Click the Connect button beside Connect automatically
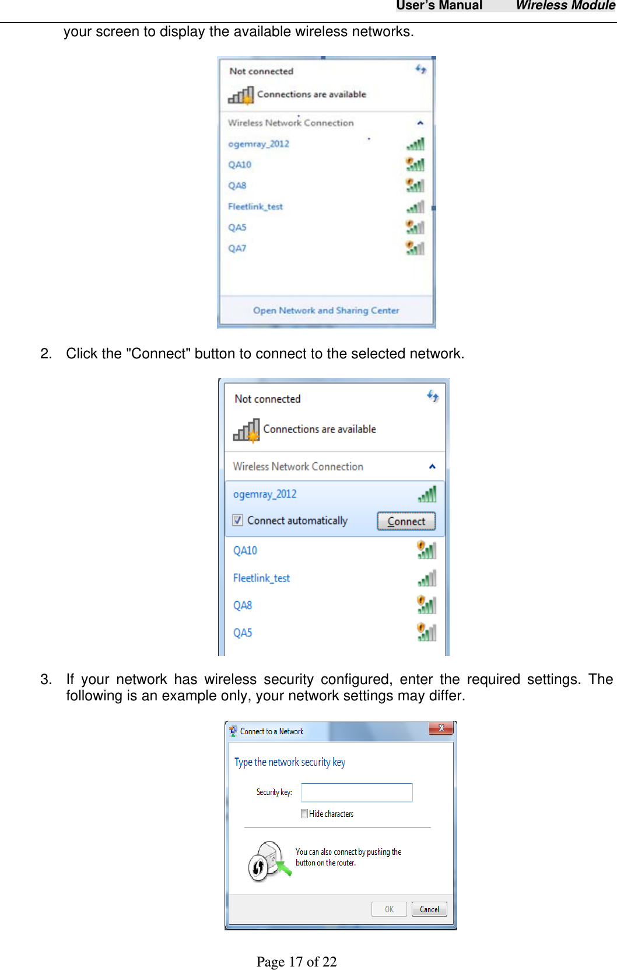[406, 521]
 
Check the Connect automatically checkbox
[238, 520]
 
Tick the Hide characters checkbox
[304, 814]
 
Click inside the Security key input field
[356, 793]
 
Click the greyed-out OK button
[389, 909]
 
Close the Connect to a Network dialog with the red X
[441, 728]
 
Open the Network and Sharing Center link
[326, 310]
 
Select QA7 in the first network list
[237, 248]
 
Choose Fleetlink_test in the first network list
[255, 207]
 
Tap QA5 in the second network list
[243, 633]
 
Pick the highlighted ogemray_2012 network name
[265, 494]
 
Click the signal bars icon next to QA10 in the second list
[426, 550]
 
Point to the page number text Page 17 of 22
[296, 961]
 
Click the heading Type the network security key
[290, 762]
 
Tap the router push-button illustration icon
[268, 861]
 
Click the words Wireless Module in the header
[565, 6]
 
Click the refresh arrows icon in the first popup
[420, 69]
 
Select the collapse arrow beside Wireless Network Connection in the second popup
[432, 466]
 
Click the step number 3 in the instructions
[45, 679]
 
